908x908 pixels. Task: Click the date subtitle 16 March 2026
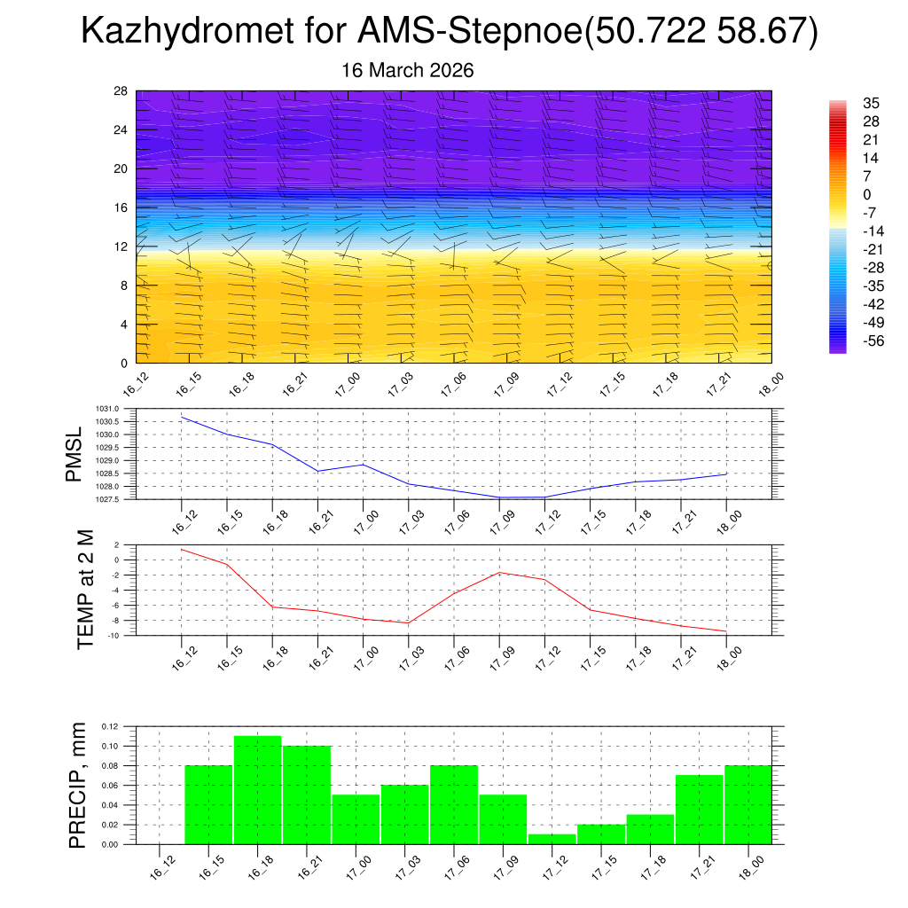pyautogui.click(x=408, y=70)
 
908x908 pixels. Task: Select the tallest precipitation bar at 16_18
pyautogui.click(x=258, y=790)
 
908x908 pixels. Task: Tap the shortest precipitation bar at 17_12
pyautogui.click(x=552, y=839)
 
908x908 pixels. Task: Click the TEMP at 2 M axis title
pyautogui.click(x=85, y=590)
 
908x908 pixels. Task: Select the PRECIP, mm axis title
pyautogui.click(x=78, y=784)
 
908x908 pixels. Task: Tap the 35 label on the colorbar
pyautogui.click(x=871, y=104)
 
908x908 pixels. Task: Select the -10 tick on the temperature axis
pyautogui.click(x=115, y=636)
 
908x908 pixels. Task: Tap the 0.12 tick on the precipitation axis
pyautogui.click(x=109, y=726)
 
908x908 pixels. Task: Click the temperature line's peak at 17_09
pyautogui.click(x=499, y=573)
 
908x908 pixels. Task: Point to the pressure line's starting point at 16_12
pyautogui.click(x=182, y=417)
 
